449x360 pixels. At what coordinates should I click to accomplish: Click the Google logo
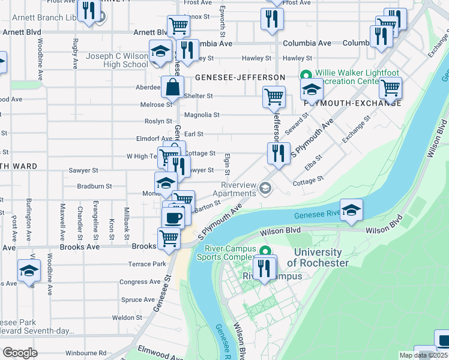pyautogui.click(x=20, y=353)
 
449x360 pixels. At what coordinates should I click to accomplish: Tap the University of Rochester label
pyautogui.click(x=318, y=258)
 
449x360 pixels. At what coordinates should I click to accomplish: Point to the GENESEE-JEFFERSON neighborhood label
pyautogui.click(x=240, y=78)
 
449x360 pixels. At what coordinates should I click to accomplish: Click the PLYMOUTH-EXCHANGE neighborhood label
pyautogui.click(x=352, y=103)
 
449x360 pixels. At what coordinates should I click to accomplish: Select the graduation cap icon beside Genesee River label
pyautogui.click(x=352, y=209)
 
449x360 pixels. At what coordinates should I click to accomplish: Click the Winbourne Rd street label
pyautogui.click(x=86, y=353)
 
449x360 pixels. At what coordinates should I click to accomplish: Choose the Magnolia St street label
pyautogui.click(x=202, y=115)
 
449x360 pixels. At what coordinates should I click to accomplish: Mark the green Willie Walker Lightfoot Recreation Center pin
pyautogui.click(x=305, y=76)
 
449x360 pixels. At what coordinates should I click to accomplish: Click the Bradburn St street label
pyautogui.click(x=95, y=186)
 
